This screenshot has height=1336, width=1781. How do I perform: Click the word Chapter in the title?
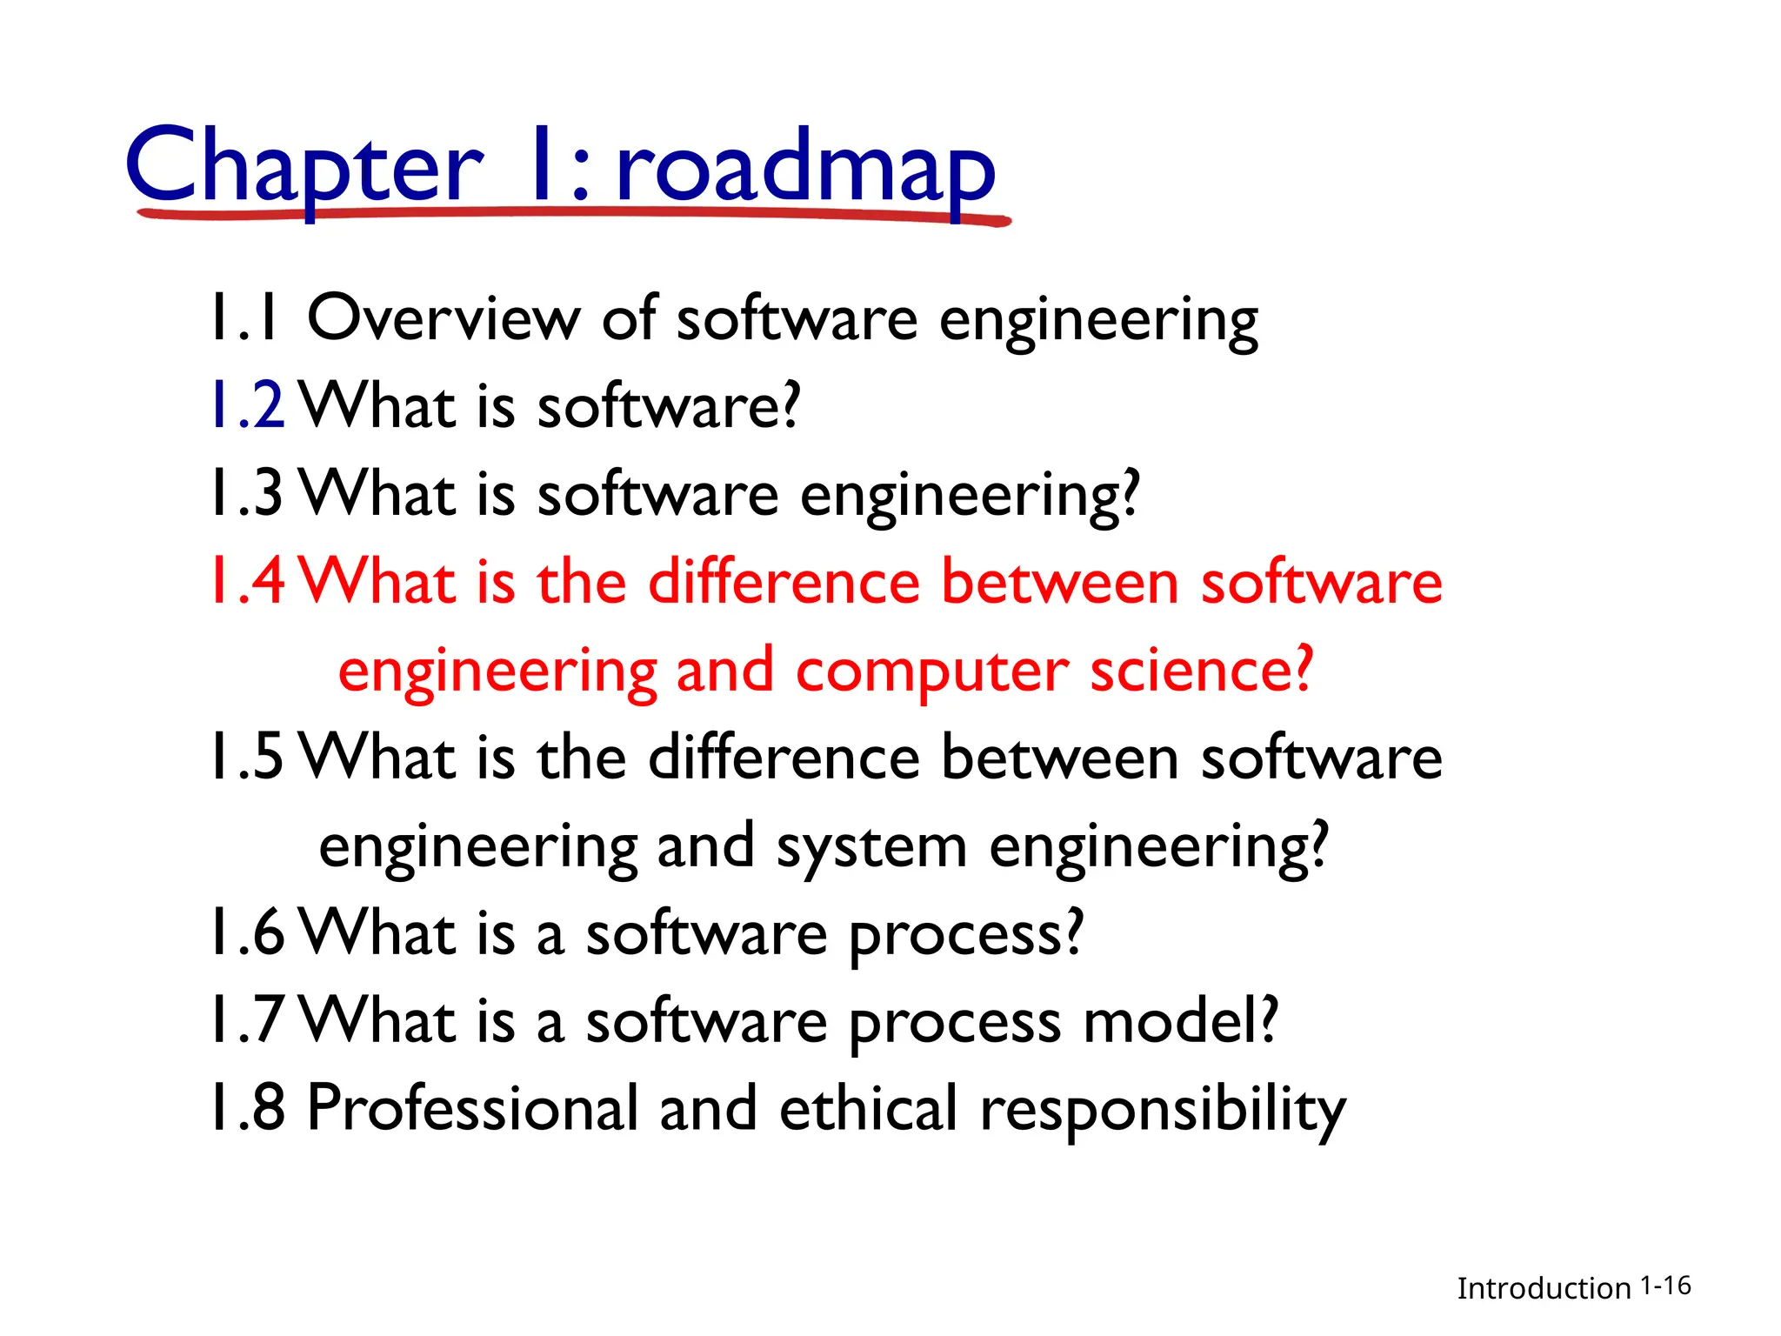[304, 165]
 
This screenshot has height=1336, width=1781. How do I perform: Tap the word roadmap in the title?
[805, 169]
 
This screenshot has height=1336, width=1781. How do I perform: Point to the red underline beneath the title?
[574, 214]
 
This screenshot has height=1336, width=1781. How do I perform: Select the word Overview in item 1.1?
[444, 318]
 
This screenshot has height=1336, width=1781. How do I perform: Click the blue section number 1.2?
[248, 406]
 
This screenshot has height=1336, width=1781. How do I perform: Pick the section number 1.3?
[248, 494]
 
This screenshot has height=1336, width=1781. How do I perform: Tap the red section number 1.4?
[248, 582]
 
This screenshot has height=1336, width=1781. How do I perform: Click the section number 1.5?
[248, 758]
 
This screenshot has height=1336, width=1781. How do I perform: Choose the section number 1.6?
[248, 933]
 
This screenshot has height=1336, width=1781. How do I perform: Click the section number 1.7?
[248, 1021]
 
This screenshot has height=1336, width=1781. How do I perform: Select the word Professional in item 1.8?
[473, 1109]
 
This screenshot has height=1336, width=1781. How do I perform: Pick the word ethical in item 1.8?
[868, 1109]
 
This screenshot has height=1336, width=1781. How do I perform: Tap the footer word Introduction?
[1544, 1288]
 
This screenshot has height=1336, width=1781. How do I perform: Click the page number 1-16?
[1665, 1286]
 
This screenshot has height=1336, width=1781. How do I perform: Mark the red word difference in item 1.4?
[784, 582]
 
